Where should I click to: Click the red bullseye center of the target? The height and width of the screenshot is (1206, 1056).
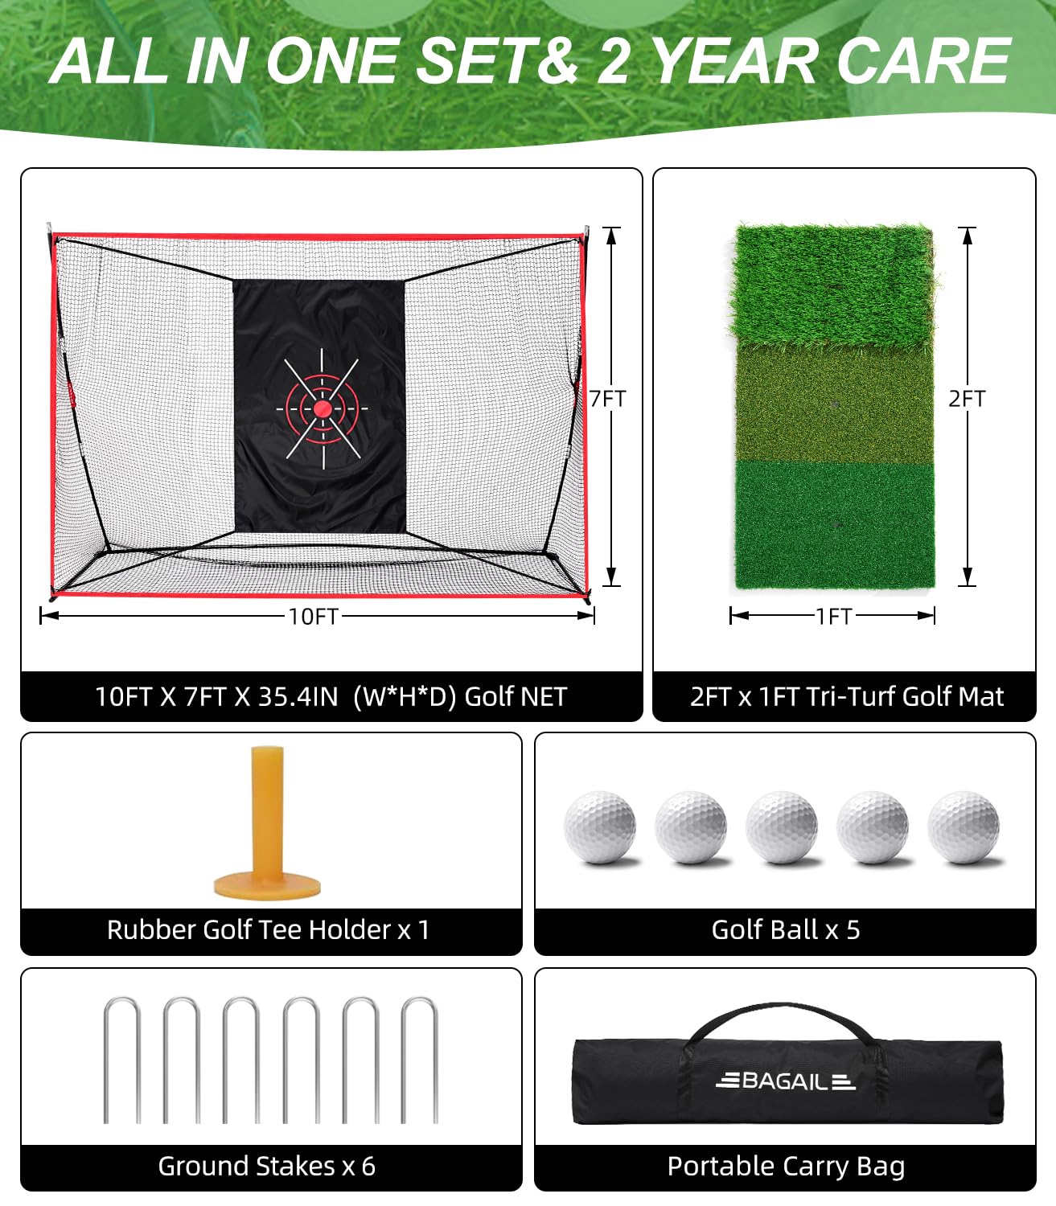pos(323,408)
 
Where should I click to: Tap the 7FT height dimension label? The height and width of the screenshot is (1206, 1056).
pos(607,399)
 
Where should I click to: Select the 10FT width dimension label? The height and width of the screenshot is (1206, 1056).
pos(313,617)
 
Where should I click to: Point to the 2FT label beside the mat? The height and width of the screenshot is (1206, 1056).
pos(967,399)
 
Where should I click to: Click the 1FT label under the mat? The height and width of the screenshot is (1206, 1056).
pos(834,617)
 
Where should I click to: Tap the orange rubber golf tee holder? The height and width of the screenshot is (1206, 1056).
pos(268,822)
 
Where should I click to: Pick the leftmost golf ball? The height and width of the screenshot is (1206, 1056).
pos(600,827)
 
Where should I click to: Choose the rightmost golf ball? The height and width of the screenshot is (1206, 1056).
pos(963,827)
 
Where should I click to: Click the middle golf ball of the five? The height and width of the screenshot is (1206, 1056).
pos(781,827)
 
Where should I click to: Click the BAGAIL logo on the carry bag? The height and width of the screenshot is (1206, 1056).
pos(785,1081)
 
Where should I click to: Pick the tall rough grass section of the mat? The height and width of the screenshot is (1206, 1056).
pos(832,284)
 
